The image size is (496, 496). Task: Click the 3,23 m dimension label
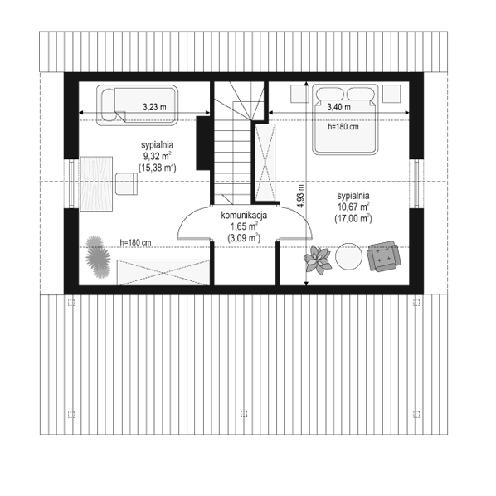coord(154,107)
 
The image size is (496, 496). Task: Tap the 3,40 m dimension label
coord(338,107)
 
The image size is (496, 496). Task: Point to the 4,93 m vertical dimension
coord(306,183)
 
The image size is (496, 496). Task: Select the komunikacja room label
coord(244,216)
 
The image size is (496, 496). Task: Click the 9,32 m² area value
coord(158,156)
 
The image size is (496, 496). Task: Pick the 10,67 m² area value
coord(353,207)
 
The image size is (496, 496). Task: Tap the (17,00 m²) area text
coord(353,219)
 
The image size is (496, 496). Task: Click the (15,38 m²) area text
coord(158,168)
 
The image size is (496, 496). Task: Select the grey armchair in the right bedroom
coord(384,256)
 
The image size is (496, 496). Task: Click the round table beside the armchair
coord(348,256)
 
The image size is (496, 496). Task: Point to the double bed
coord(345,119)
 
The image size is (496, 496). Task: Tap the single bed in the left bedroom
coord(137,105)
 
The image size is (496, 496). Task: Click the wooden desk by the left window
coord(96,183)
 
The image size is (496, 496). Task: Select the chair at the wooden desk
coord(126,183)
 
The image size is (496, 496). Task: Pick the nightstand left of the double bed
coord(299,94)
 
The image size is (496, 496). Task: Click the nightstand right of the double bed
coord(391,94)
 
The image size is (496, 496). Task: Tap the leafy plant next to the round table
coord(318,260)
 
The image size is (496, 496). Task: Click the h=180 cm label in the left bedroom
coord(135,243)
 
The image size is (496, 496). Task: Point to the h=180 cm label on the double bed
coord(343,127)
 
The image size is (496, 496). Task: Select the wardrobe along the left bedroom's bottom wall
coord(163,273)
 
